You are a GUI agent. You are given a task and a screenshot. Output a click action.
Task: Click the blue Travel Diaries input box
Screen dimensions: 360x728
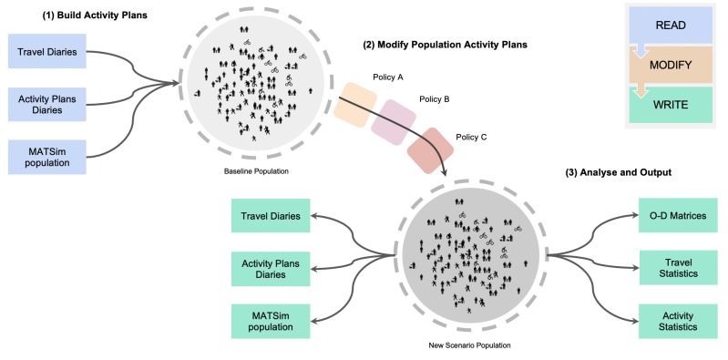pyautogui.click(x=48, y=52)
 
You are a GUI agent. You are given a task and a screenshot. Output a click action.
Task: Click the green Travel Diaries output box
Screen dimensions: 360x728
pyautogui.click(x=271, y=217)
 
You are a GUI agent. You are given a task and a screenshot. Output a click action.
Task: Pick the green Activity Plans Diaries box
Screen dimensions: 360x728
pyautogui.click(x=271, y=268)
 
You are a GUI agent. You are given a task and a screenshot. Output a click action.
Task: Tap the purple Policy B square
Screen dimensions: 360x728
pyautogui.click(x=392, y=122)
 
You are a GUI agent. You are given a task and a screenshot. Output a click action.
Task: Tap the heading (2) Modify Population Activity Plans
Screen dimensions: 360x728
pyautogui.click(x=446, y=44)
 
